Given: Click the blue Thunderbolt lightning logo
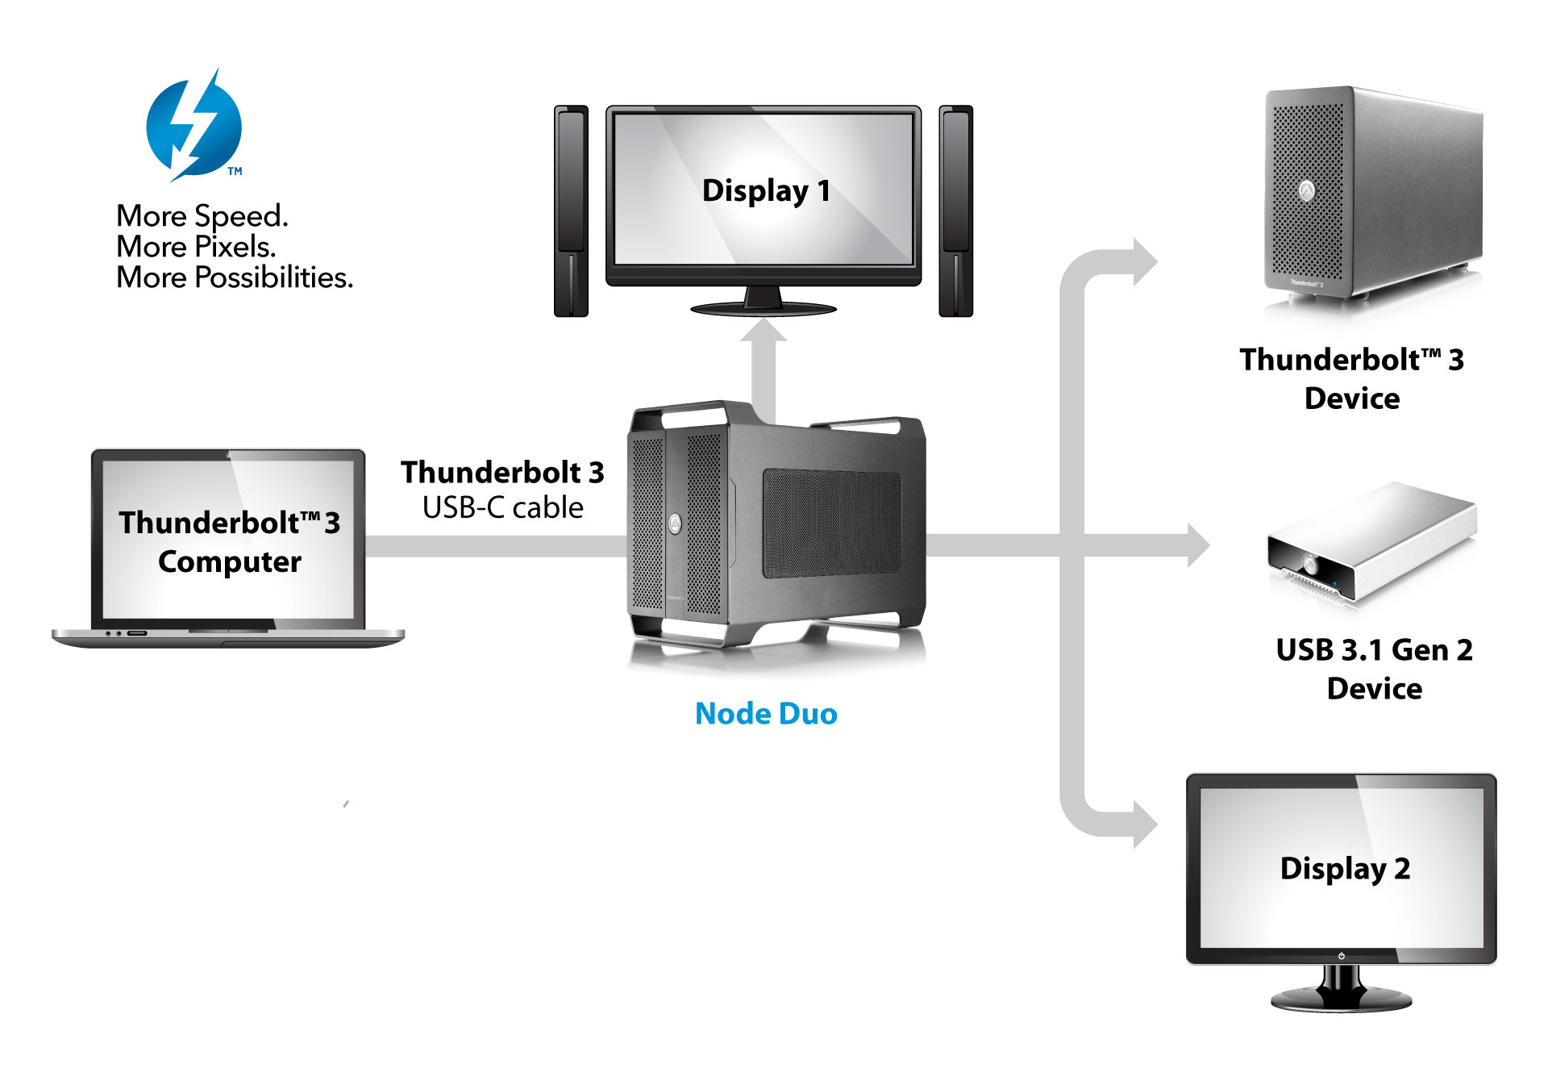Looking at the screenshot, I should tap(193, 127).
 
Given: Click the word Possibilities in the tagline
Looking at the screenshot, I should tap(274, 277).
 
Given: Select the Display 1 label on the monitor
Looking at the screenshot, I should tap(765, 191).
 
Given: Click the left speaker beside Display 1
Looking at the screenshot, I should tap(571, 211).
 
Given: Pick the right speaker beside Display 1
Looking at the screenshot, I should tap(956, 211).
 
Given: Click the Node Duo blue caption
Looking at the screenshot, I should tap(766, 714).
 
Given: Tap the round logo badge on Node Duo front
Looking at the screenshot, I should tap(675, 524).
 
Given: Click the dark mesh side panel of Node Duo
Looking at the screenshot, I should tap(830, 524).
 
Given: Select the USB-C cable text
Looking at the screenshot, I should tap(502, 507).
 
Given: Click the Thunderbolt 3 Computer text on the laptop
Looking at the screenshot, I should tap(230, 541).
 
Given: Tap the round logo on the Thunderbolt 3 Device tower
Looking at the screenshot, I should tap(1307, 191).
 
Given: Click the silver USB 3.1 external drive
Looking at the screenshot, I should tap(1371, 540).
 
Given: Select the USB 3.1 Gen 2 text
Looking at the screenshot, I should tap(1374, 650).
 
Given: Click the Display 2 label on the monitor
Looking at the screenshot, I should tap(1345, 869).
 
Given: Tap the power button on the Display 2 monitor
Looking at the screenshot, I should tap(1342, 956).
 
